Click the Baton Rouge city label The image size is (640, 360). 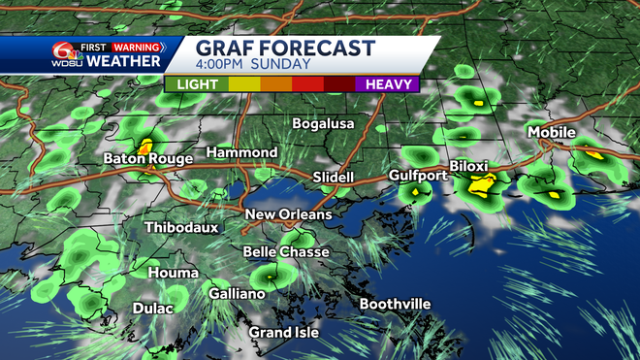(x=147, y=157)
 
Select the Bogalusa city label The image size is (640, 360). (x=324, y=123)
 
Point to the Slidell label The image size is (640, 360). (x=334, y=178)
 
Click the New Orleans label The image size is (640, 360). (x=288, y=214)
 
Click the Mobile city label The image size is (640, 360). (x=552, y=132)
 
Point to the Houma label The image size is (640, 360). (x=174, y=273)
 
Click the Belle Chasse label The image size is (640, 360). (x=285, y=251)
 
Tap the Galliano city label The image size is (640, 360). (x=237, y=293)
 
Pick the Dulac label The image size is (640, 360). (x=152, y=309)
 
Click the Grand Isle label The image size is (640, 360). (x=283, y=333)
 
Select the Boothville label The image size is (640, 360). (x=395, y=304)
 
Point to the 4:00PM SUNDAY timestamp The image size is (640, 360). (x=253, y=65)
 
